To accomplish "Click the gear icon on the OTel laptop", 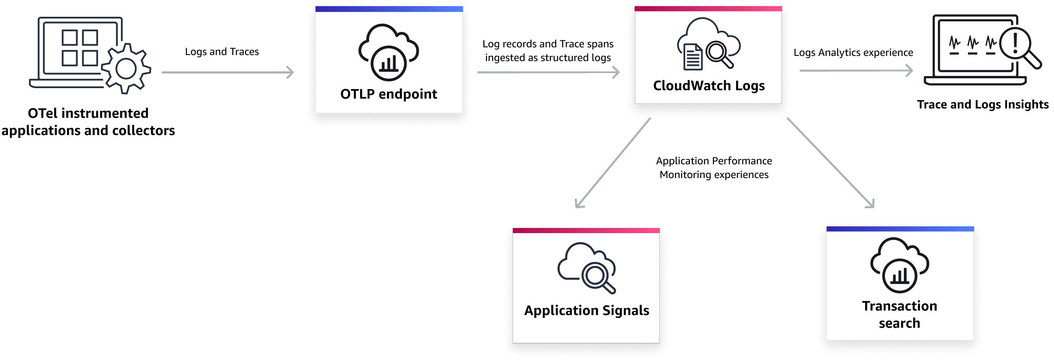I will coord(126,69).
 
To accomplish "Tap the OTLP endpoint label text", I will coord(388,94).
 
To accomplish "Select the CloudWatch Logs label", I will coord(709,86).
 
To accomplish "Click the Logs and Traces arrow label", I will coord(222,52).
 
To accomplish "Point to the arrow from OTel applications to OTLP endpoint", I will coord(228,72).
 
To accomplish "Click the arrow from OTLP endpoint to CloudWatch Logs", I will coord(548,72).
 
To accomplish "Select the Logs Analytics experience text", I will coord(853,52).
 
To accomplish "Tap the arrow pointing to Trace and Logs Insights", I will coord(856,71).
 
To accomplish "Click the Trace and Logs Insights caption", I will coord(983,105).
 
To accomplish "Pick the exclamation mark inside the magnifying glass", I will coord(1015,43).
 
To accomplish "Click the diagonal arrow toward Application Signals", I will coord(613,163).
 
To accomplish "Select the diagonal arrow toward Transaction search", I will coord(830,163).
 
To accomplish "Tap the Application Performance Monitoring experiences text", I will coord(714,168).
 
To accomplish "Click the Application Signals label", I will coord(586,311).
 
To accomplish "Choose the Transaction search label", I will coord(899,314).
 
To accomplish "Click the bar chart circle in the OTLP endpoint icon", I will coord(388,64).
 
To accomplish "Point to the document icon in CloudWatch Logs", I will coord(693,57).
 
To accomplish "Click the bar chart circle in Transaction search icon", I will coord(900,276).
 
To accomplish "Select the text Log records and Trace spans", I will coord(548,44).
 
